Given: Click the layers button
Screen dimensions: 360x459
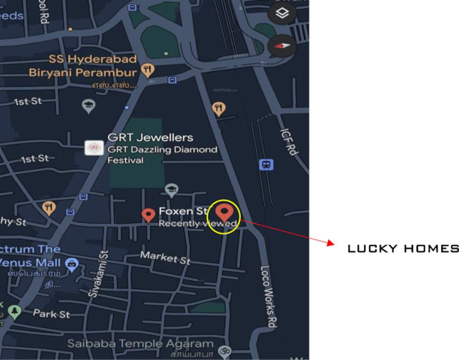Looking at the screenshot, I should (282, 14).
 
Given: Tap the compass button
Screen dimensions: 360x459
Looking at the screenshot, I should (282, 46).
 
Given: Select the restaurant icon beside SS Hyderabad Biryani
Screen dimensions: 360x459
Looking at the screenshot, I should (148, 71).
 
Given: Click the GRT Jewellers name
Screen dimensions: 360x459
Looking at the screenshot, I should (150, 137).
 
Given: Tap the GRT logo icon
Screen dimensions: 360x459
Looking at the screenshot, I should (94, 148).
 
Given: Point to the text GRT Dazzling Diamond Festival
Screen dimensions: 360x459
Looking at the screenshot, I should (162, 155).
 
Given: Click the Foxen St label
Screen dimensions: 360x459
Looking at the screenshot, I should (183, 211).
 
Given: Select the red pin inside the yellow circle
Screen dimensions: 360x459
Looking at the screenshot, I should (224, 212).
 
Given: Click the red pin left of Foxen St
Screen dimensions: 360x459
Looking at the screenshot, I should (148, 216).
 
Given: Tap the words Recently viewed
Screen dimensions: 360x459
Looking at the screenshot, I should (197, 224).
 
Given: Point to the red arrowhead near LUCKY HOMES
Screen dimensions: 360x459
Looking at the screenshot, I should (330, 243).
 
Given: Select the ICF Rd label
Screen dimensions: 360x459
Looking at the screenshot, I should (289, 142).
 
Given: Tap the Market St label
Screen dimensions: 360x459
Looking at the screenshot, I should (165, 257).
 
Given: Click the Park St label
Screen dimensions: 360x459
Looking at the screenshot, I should (52, 314).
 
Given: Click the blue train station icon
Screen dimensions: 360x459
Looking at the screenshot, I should (266, 165).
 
